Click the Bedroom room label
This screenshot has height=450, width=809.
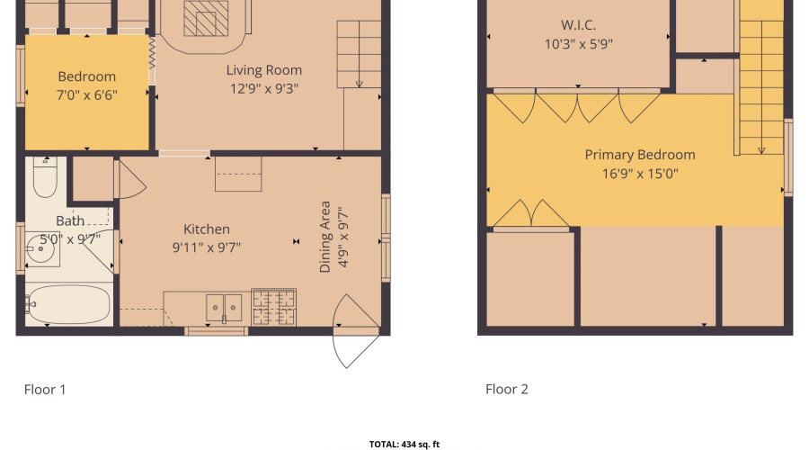point(86,76)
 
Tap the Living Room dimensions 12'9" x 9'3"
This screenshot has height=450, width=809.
point(263,88)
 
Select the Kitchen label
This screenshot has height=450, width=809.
point(207,229)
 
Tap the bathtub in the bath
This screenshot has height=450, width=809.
point(68,305)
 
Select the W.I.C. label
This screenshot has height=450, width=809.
point(578,25)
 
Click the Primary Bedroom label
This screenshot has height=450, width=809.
point(639,155)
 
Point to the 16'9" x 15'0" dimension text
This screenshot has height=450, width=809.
point(639,173)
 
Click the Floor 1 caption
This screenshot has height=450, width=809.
point(45,390)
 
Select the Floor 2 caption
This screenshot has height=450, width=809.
point(507,390)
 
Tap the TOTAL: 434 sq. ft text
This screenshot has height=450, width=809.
point(404,444)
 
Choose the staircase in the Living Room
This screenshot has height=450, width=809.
point(359,54)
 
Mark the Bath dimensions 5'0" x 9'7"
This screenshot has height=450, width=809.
point(69,238)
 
